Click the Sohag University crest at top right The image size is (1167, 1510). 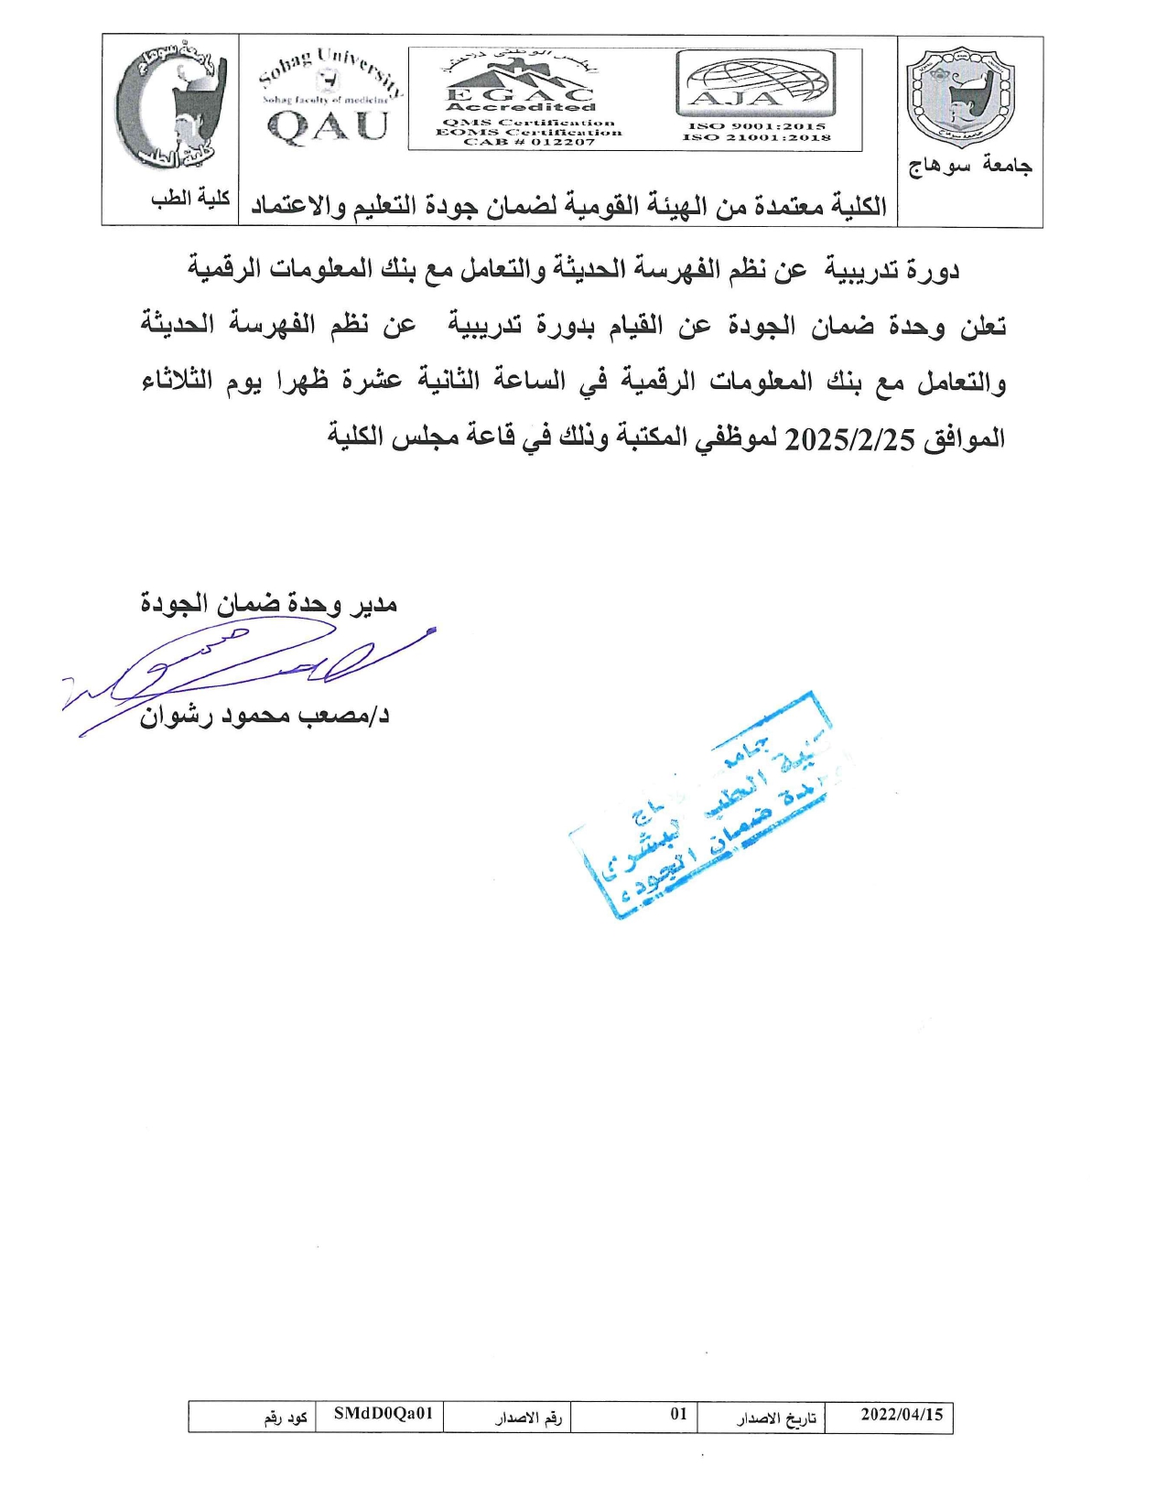(960, 99)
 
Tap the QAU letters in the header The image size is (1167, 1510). (328, 126)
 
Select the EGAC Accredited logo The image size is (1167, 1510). (519, 92)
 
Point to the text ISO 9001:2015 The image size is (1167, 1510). (757, 126)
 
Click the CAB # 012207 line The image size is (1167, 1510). (529, 143)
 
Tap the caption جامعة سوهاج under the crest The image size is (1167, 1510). (970, 166)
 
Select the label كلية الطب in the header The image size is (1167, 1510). (190, 199)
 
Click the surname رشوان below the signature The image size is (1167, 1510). (175, 717)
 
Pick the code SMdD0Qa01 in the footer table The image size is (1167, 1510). (383, 1414)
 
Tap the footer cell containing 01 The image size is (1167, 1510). (678, 1414)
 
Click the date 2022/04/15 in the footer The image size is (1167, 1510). (902, 1415)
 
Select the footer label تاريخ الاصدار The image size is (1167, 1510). (776, 1418)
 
